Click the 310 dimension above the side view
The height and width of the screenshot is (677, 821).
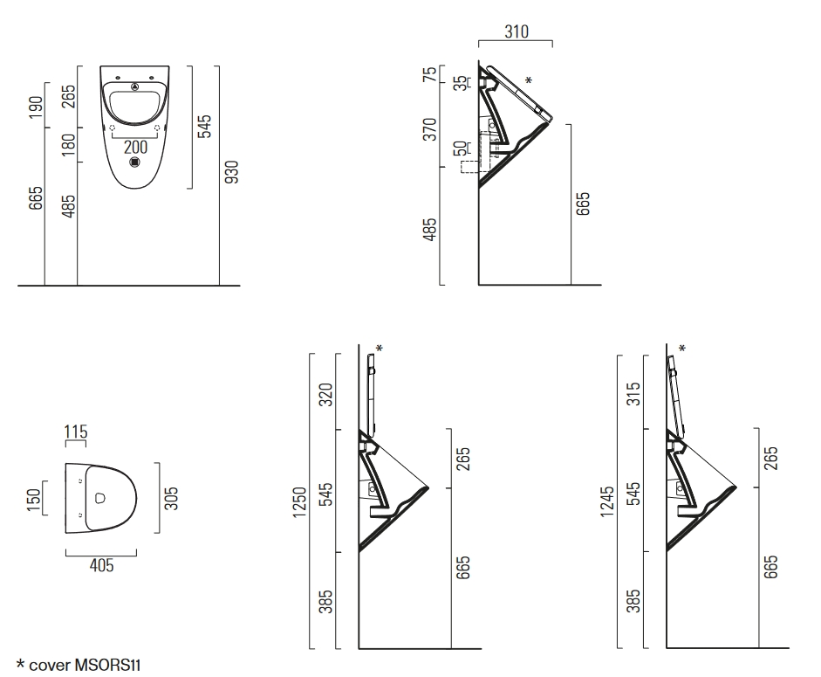(x=517, y=31)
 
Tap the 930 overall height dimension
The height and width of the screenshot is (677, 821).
(x=231, y=172)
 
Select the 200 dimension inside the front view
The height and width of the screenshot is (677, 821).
(x=135, y=147)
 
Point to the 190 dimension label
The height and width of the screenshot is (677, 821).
(x=36, y=107)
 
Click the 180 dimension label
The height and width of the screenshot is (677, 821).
(x=69, y=145)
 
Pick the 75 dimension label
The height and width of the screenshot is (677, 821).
(x=430, y=74)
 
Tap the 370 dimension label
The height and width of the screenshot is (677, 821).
(x=430, y=129)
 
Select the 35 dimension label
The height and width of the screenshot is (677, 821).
(x=460, y=83)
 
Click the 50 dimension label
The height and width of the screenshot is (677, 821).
(x=460, y=149)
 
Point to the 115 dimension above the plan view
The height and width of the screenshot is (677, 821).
(x=76, y=432)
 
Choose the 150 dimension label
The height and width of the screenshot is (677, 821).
(x=33, y=500)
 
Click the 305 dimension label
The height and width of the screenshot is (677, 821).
(x=171, y=499)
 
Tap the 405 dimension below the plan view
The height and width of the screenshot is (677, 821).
(x=101, y=565)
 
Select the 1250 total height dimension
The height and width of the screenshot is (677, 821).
(x=299, y=502)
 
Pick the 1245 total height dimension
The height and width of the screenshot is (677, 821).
(x=607, y=501)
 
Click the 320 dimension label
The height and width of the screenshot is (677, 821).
(x=325, y=395)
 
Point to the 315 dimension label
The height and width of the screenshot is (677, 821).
(x=633, y=394)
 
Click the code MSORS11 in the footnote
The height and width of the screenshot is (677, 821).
(x=108, y=665)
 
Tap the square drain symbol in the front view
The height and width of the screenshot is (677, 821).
(x=134, y=162)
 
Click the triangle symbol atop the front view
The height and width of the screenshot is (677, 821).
(x=135, y=86)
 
